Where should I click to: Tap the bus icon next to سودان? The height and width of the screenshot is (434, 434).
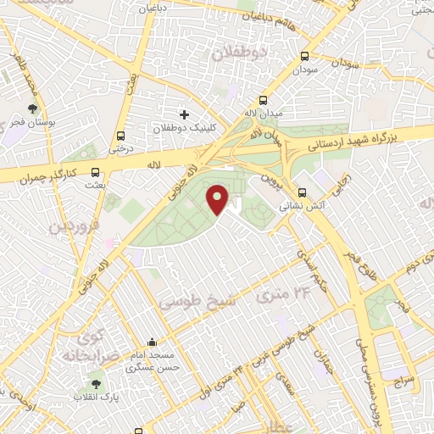click(304, 56)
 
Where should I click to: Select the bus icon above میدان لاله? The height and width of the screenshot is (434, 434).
click(263, 99)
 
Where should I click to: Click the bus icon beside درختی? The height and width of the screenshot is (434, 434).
click(120, 135)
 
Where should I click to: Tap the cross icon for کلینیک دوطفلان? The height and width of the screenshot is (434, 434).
click(184, 114)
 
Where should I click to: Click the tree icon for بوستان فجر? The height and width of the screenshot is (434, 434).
click(32, 108)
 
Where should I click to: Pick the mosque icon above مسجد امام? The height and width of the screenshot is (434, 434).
click(152, 342)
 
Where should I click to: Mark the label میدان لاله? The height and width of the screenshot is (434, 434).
click(261, 113)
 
